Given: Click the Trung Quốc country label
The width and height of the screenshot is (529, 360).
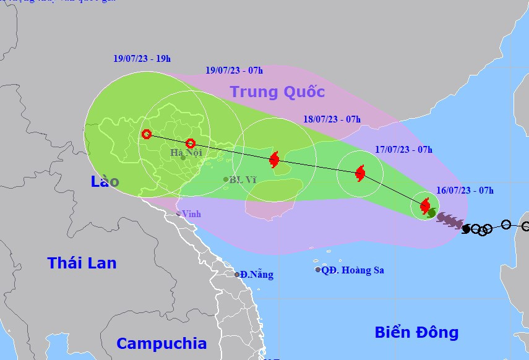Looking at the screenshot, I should [x=277, y=92].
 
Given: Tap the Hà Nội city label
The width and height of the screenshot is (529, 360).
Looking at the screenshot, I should [x=186, y=152].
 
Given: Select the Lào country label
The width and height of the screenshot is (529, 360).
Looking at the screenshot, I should [x=105, y=181].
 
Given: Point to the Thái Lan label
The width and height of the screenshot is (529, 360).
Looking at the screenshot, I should [x=82, y=262].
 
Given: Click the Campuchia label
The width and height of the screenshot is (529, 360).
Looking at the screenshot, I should [x=161, y=343].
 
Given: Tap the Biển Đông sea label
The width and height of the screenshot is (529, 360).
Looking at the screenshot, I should [x=416, y=332].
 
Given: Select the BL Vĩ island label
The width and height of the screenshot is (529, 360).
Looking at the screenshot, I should [x=243, y=180].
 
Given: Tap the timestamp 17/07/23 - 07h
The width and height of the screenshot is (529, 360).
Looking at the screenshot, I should [x=403, y=149].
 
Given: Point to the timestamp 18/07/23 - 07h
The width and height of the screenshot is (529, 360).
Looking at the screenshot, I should [x=332, y=119].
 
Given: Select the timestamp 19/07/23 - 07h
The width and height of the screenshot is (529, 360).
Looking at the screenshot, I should [x=234, y=71].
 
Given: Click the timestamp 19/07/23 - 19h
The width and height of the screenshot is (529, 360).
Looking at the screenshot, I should [x=142, y=59].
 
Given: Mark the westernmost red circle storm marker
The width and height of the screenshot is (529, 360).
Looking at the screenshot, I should [x=147, y=134].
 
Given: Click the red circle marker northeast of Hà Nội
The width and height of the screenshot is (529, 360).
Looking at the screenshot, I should [x=191, y=144].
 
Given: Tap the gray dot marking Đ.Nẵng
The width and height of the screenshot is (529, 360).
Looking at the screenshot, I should [x=237, y=275].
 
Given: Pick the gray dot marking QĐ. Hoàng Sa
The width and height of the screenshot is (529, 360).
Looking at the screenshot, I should [x=318, y=270].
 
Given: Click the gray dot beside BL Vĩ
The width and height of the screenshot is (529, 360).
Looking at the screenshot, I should [x=226, y=179].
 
